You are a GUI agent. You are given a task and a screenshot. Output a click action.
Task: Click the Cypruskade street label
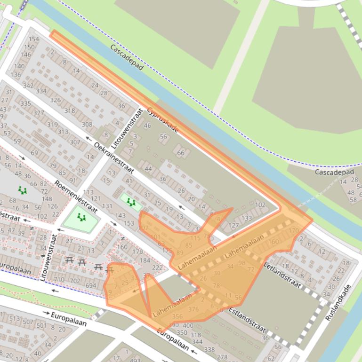click(x=162, y=120)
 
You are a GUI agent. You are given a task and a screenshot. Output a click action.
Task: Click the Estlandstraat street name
click(x=248, y=320)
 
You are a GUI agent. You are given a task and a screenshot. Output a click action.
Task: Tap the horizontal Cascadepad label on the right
click(x=334, y=172)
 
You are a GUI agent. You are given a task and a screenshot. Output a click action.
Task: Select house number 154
click(x=33, y=39)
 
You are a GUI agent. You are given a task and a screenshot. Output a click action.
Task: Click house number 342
click(x=28, y=86)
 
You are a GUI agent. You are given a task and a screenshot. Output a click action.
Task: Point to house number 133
click(x=246, y=219)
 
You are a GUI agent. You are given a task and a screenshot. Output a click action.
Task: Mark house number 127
click(x=233, y=225)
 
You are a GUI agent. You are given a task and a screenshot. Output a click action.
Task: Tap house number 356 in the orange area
click(x=177, y=316)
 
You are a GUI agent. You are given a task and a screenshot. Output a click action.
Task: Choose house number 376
click(x=193, y=309)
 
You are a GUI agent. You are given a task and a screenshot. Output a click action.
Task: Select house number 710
click(x=59, y=280)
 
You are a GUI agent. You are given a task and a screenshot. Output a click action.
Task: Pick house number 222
click(x=157, y=268)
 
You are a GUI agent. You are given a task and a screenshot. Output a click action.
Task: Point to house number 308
click(x=87, y=124)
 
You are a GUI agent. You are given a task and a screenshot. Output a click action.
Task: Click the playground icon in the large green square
click(x=81, y=218)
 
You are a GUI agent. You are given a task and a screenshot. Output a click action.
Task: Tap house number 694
click(x=90, y=285)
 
